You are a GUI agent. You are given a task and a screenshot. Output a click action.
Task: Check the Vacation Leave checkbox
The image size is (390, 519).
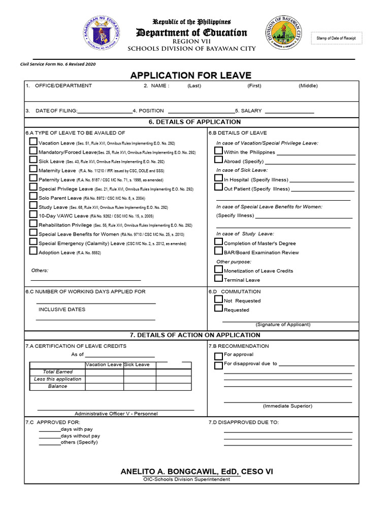tap(33, 142)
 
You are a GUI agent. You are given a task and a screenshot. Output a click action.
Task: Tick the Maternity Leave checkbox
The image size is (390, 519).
tap(33, 170)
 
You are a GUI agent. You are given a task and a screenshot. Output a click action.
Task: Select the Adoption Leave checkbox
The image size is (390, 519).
tap(33, 251)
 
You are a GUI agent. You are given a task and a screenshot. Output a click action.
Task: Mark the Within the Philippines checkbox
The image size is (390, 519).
tap(219, 151)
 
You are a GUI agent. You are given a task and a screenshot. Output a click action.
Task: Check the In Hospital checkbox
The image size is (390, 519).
tap(219, 178)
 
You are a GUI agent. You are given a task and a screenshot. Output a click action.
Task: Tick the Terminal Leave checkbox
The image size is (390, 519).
tap(219, 279)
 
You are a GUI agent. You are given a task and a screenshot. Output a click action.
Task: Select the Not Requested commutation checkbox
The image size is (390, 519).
tap(219, 300)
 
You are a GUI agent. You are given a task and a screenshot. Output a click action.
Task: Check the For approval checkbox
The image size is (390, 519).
tap(219, 356)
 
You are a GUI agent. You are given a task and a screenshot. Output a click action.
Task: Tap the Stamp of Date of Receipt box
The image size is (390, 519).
tap(336, 39)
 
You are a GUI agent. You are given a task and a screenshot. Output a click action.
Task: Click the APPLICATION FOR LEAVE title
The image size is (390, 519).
tap(190, 76)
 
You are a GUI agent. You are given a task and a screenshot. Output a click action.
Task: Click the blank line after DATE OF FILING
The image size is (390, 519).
tap(105, 112)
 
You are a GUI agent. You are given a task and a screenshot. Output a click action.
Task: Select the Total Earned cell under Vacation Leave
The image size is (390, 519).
tap(104, 372)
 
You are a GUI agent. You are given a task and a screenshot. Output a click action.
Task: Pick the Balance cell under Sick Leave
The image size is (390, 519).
tap(139, 386)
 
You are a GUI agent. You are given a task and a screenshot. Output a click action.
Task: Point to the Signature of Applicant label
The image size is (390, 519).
tap(283, 324)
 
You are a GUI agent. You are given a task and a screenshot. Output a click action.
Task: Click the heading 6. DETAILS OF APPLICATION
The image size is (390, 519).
tap(194, 122)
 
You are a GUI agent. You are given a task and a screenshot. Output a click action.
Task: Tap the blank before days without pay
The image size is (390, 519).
tap(50, 436)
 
